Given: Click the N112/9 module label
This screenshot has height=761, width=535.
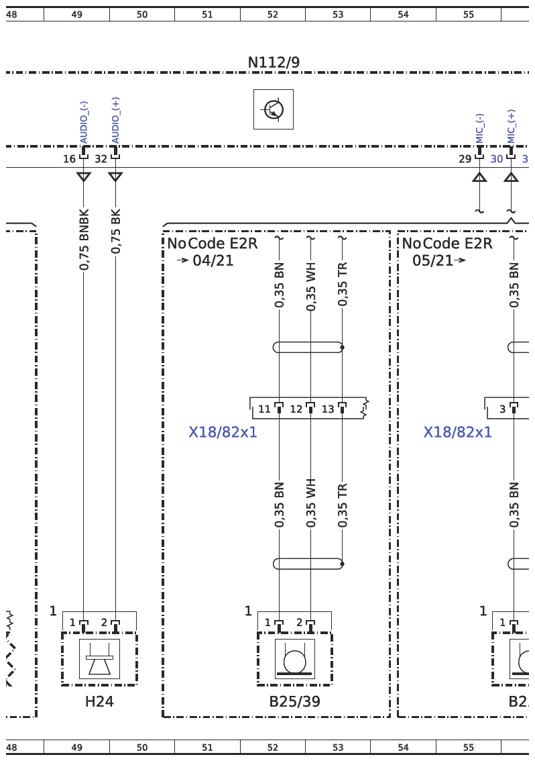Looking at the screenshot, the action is (274, 62).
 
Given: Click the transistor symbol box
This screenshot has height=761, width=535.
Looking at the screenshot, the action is (274, 109).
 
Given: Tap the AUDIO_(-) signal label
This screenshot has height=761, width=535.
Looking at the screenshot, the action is (84, 122).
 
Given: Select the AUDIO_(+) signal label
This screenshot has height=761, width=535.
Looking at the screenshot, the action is (115, 120).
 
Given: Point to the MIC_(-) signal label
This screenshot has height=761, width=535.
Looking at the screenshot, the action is (480, 129).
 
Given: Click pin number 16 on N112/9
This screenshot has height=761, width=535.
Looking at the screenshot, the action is (69, 158).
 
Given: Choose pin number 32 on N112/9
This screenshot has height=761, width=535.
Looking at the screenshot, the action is (101, 158).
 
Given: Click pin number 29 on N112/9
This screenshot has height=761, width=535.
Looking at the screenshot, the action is (465, 158).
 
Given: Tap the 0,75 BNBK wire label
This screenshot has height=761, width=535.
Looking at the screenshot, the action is (84, 240).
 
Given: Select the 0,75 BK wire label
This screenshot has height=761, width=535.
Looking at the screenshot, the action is (115, 231).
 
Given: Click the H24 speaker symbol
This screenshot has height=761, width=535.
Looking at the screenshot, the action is (99, 658).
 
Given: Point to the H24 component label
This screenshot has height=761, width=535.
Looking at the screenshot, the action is (99, 701).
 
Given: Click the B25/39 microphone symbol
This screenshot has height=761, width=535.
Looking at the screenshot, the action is (295, 658).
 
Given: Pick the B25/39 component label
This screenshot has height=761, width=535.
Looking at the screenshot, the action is (295, 701).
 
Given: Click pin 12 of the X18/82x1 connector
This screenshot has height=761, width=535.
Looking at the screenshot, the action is (296, 409).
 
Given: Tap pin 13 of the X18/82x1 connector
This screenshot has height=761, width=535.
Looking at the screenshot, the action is (328, 409).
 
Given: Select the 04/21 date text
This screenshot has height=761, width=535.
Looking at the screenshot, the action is (213, 260).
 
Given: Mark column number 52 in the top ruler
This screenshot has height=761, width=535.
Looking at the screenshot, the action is (273, 15).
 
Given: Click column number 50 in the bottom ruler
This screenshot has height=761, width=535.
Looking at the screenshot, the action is (142, 748).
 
